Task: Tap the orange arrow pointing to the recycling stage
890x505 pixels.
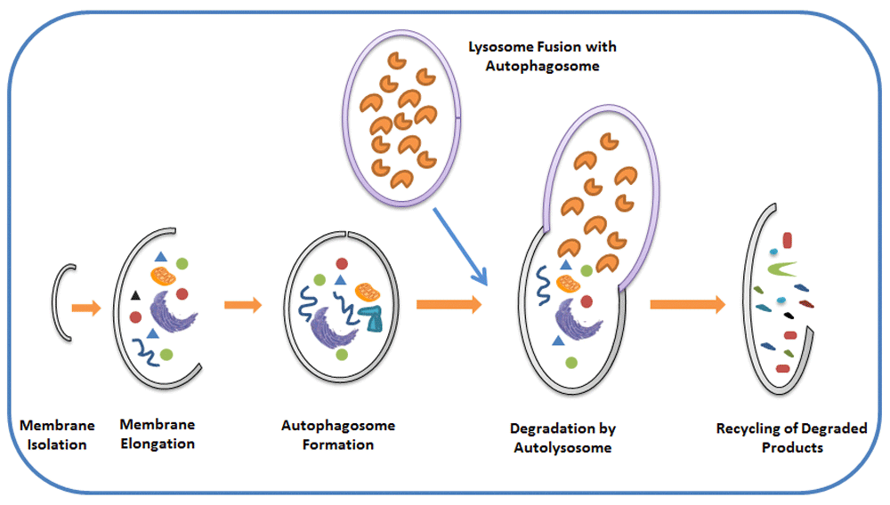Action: click(686, 305)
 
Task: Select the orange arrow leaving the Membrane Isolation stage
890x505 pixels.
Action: click(86, 308)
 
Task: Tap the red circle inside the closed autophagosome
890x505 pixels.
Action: click(342, 264)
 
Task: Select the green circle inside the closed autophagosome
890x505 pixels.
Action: click(342, 355)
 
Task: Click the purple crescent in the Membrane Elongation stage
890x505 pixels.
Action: click(167, 316)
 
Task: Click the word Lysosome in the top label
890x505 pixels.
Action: click(501, 46)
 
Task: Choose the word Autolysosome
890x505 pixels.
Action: click(562, 447)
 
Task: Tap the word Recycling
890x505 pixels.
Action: click(749, 429)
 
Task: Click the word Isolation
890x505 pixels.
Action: click(53, 444)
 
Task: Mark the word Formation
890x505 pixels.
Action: click(338, 444)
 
